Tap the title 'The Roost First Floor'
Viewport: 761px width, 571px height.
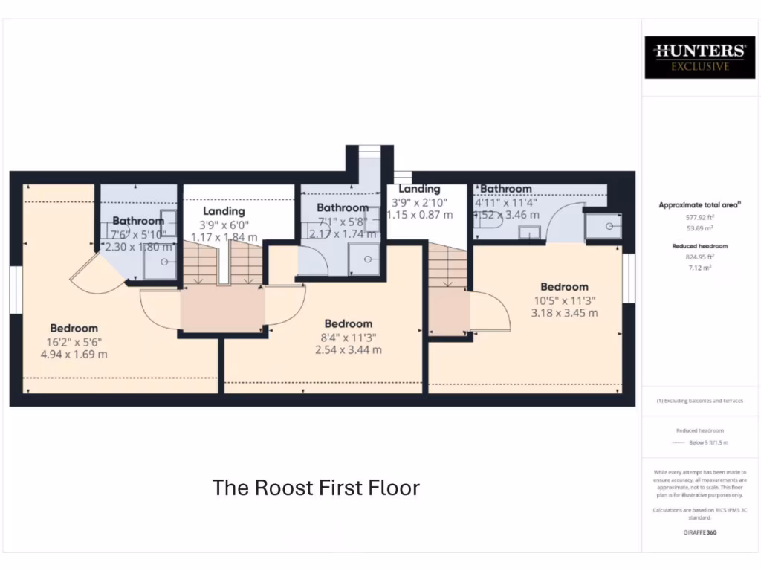coord(316,488)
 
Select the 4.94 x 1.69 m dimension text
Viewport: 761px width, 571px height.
coord(74,354)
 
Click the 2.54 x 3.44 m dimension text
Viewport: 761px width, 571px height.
coord(348,349)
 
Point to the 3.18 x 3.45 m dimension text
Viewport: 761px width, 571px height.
coord(564,312)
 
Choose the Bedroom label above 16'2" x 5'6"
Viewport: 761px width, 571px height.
coord(74,328)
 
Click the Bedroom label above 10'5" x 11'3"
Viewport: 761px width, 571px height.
coord(564,287)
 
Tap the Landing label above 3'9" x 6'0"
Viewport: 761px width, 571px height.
coord(224,211)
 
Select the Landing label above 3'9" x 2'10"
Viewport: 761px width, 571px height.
coord(419,189)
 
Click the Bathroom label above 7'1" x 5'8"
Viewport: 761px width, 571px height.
coord(343,207)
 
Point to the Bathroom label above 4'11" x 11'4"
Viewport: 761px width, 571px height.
coord(506,189)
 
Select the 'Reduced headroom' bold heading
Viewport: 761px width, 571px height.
coord(699,246)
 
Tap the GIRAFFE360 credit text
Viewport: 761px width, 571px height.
coord(699,532)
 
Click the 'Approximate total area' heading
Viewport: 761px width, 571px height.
coord(699,204)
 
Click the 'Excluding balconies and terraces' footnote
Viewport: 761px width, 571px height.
coord(699,401)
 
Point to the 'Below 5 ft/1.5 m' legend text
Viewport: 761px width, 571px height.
coord(708,442)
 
